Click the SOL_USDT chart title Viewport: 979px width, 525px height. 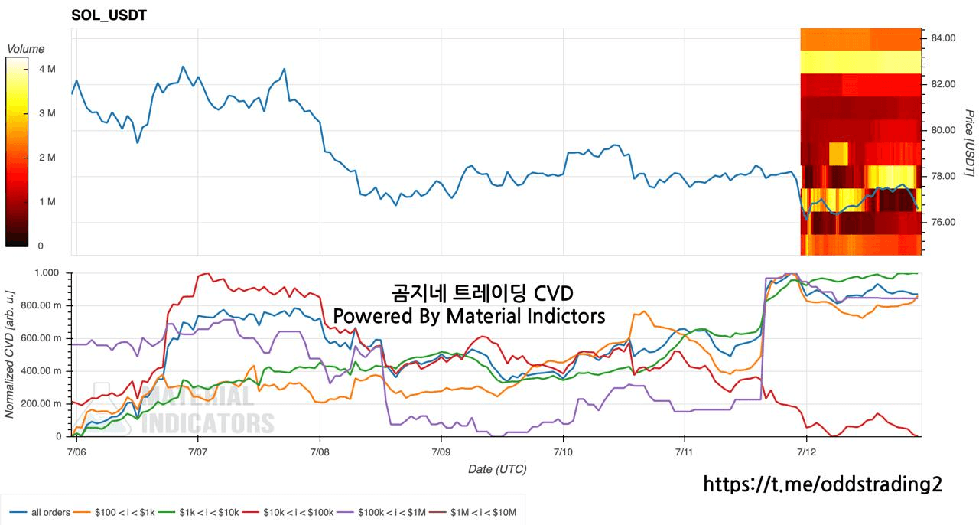point(109,15)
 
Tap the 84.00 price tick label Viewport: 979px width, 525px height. point(943,38)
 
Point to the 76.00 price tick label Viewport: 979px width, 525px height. point(943,222)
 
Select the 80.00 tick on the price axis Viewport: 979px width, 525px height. point(943,130)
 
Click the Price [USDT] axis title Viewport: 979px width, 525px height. point(969,143)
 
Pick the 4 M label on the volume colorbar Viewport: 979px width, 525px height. point(47,69)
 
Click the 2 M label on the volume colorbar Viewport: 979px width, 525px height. point(47,158)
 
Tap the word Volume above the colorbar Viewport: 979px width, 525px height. point(26,48)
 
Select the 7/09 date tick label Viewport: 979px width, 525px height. point(441,452)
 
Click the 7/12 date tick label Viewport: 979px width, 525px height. point(806,452)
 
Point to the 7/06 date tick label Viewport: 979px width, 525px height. point(76,452)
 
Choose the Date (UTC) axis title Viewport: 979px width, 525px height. point(497,469)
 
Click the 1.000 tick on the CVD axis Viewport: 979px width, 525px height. point(47,272)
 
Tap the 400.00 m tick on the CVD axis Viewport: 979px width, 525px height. point(41,371)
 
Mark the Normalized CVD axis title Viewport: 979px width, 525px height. point(9,354)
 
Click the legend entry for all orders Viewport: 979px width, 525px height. point(40,512)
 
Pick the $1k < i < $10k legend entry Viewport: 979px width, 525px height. point(198,512)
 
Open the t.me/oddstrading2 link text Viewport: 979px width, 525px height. point(822,484)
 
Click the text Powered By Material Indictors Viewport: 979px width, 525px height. point(469,316)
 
